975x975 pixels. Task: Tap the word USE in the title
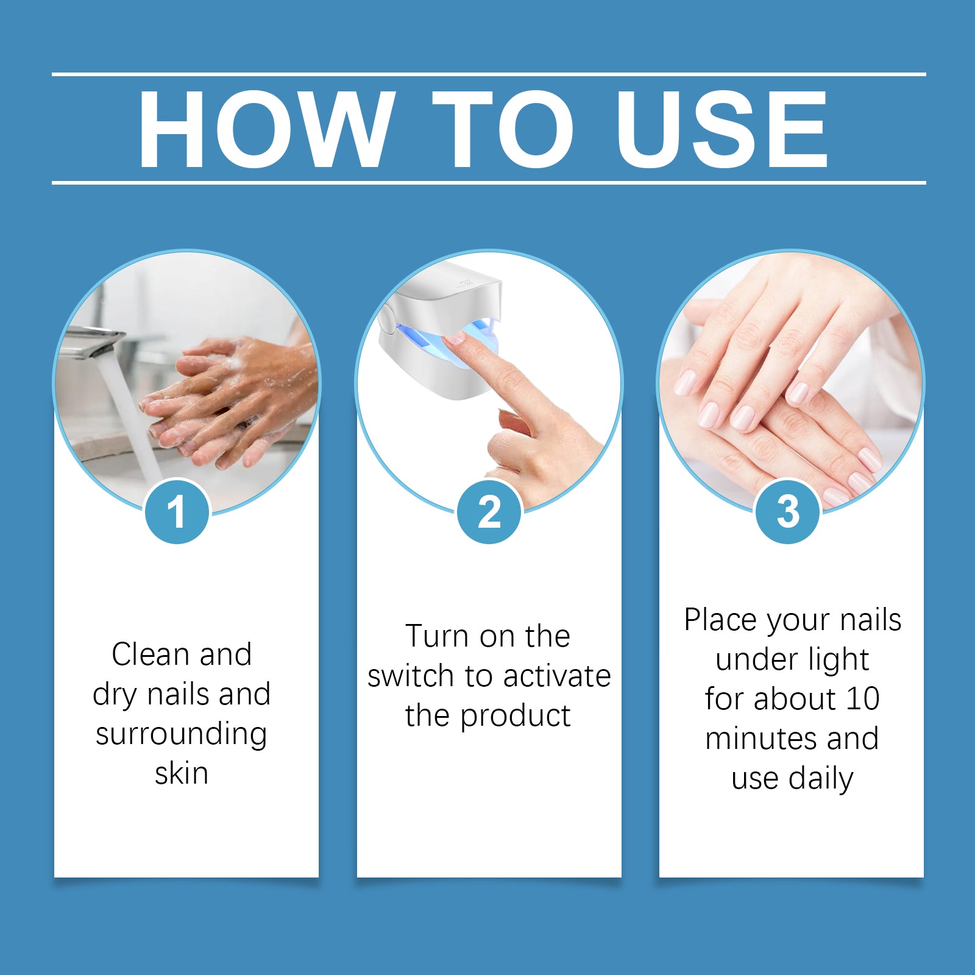click(721, 129)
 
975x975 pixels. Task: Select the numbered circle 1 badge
click(177, 512)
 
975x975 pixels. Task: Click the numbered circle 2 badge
click(489, 512)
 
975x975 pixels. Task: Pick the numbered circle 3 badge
click(787, 512)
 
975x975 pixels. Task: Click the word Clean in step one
click(150, 655)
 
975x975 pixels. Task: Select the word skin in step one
click(182, 774)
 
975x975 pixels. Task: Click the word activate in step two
click(557, 676)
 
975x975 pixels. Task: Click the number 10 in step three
click(862, 699)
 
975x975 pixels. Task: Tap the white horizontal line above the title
click(487, 74)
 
